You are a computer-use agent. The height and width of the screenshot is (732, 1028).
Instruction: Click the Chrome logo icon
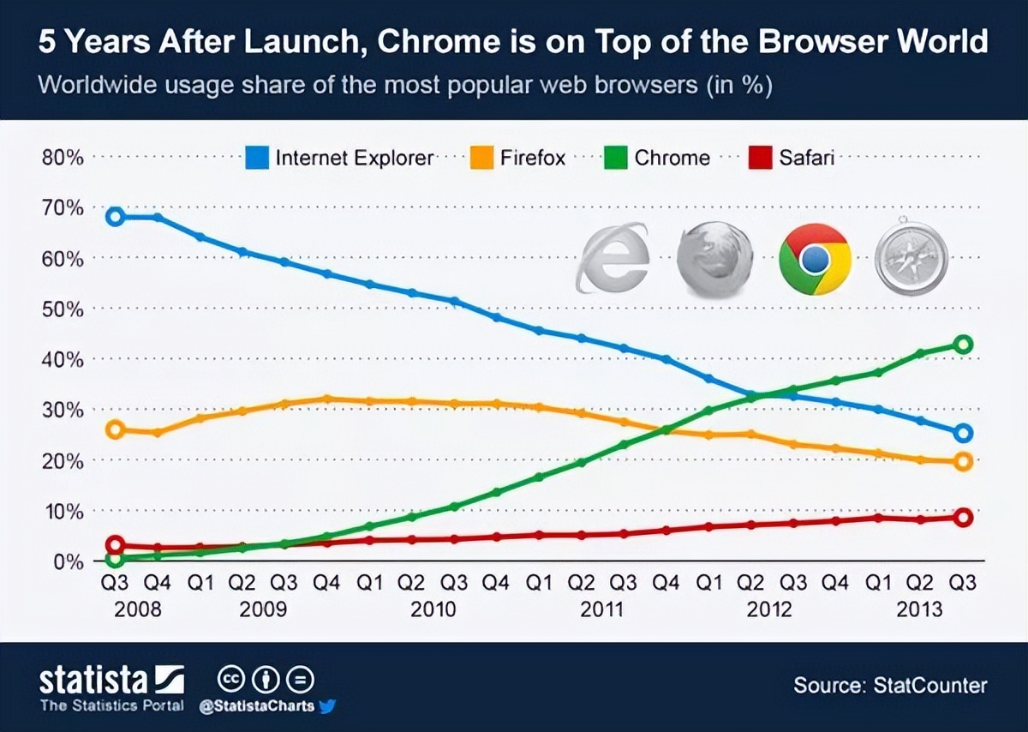coord(815,258)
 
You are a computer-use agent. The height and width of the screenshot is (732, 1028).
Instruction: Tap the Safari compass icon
coord(912,258)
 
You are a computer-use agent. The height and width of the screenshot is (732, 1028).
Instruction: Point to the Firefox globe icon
coord(714,258)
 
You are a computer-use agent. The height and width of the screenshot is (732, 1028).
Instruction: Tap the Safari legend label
coord(806,158)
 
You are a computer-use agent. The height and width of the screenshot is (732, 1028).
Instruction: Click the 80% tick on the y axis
coord(62,158)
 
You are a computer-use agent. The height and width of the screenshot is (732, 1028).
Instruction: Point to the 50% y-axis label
coord(62,309)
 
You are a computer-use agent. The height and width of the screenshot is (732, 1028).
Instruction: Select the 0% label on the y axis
coord(66,562)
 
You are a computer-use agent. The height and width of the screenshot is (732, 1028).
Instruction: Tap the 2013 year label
coord(918,609)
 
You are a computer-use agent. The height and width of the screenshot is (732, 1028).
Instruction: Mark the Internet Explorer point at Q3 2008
coord(116,216)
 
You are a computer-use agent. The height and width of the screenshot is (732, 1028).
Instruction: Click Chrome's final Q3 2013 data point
coord(963,345)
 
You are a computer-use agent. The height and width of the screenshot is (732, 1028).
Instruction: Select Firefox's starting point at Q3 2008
coord(116,429)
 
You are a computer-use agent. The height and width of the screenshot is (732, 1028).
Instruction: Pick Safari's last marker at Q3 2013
coord(963,518)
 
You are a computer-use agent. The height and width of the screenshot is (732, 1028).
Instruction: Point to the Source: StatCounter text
coord(890,686)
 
